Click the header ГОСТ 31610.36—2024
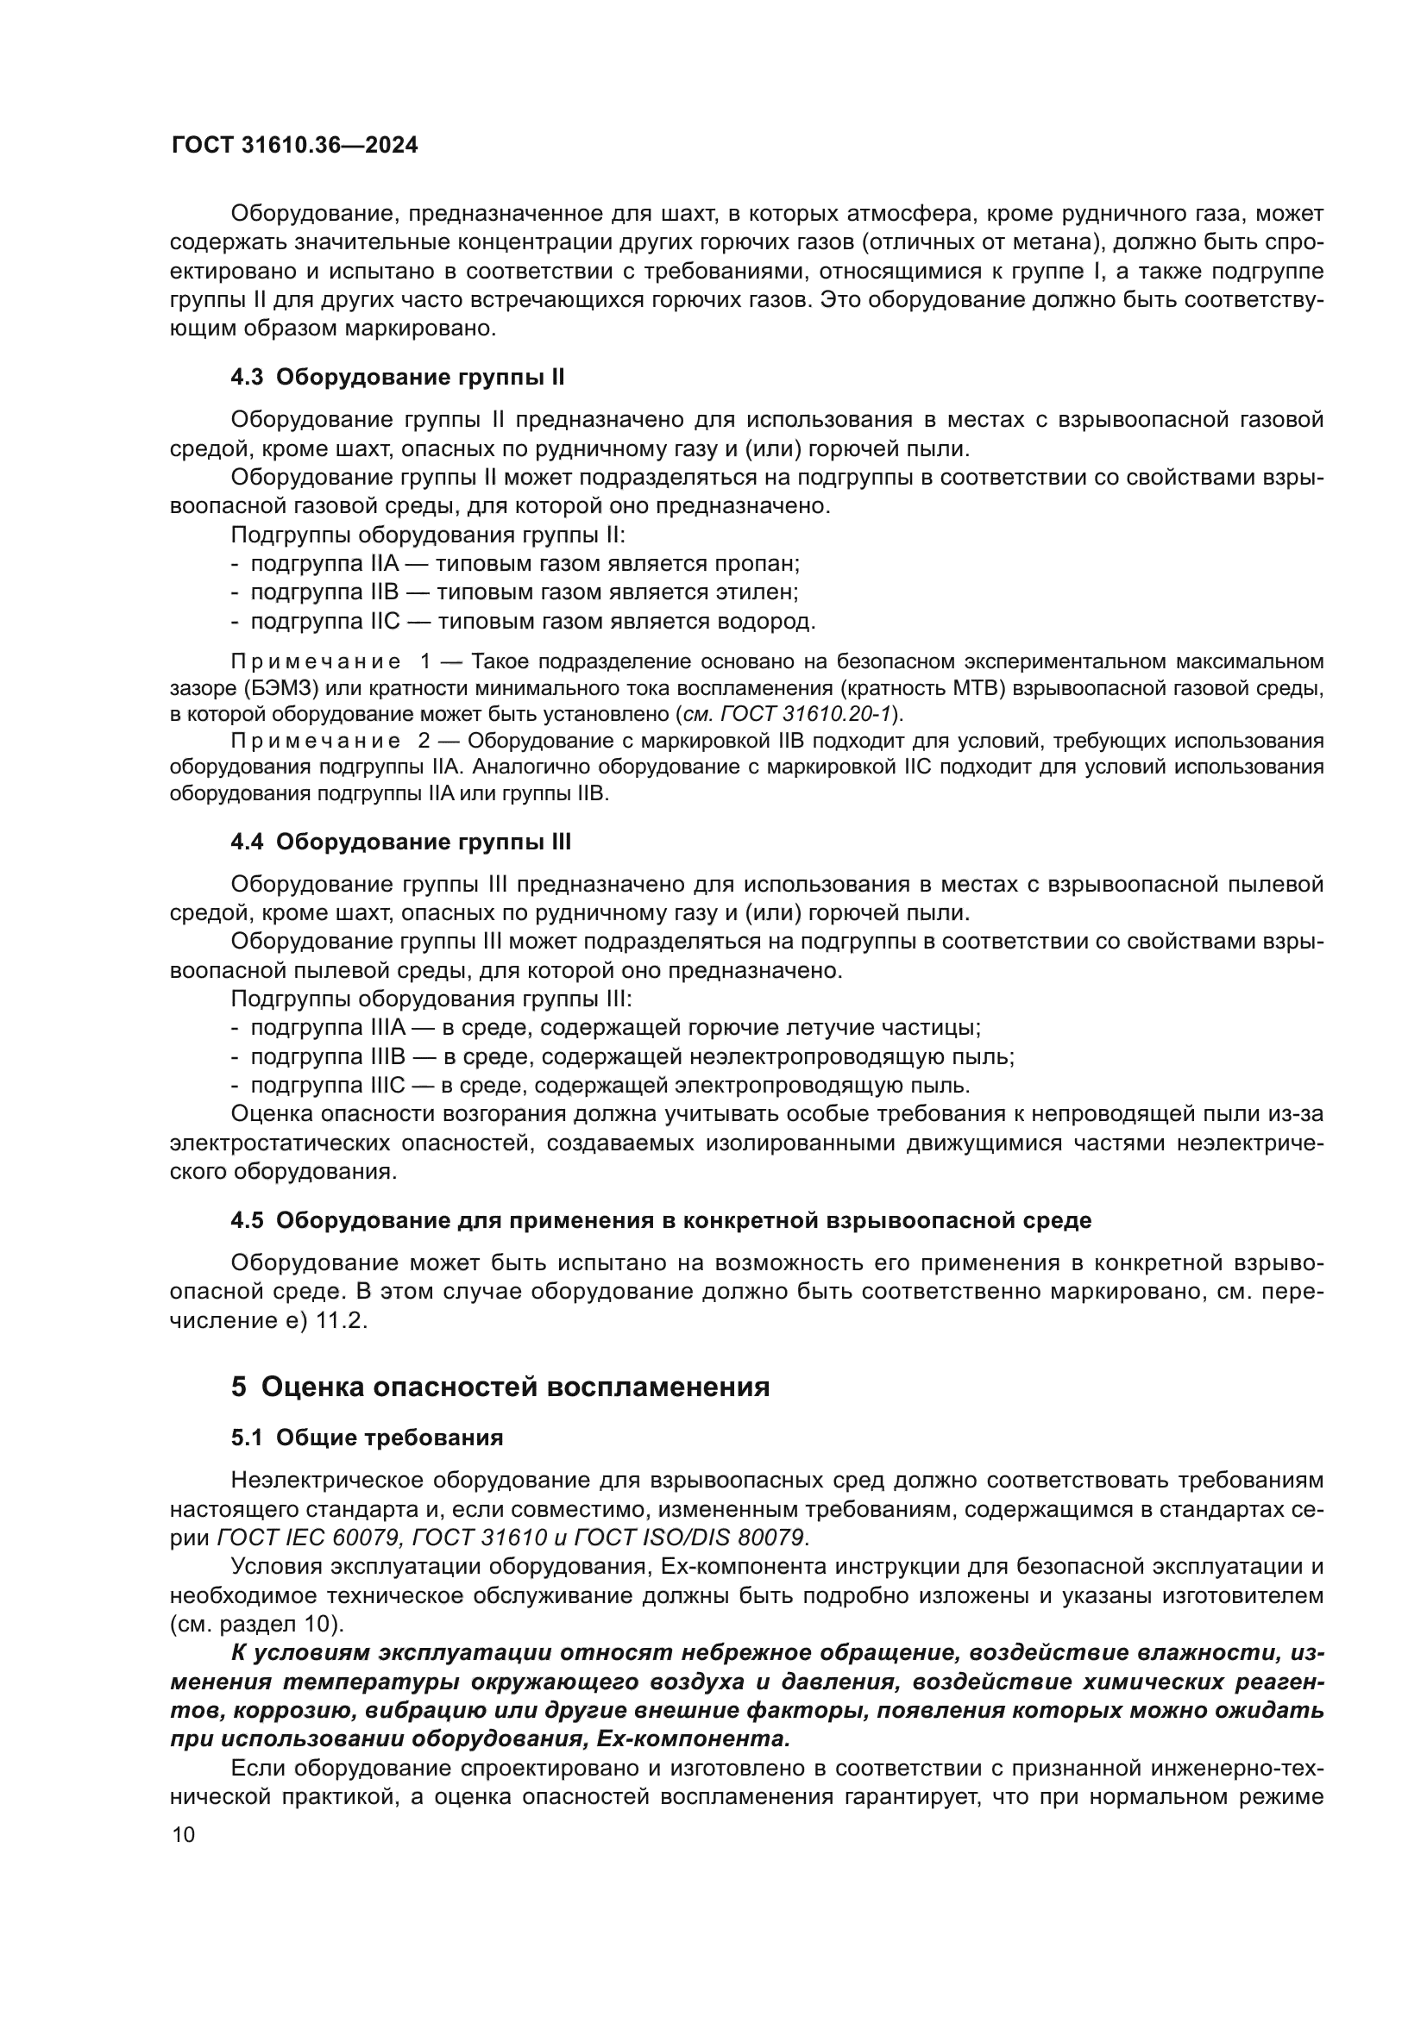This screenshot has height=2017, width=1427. tap(294, 146)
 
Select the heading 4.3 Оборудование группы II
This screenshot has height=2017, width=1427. tap(397, 378)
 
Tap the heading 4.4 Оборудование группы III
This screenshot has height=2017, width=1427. tap(400, 842)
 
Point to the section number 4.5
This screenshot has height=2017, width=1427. tap(247, 1220)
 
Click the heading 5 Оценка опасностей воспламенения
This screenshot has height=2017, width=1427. tap(500, 1387)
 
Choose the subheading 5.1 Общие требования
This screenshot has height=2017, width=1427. tap(367, 1438)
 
